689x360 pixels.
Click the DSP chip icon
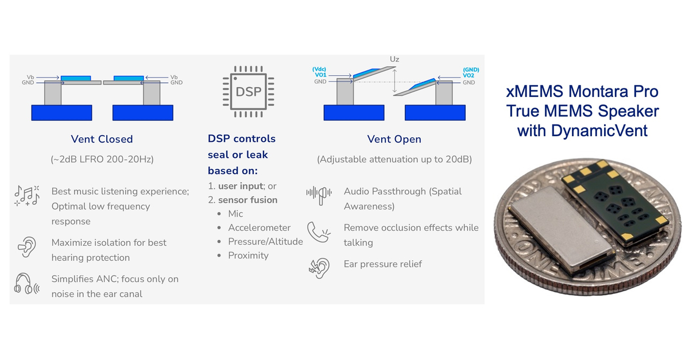[248, 91]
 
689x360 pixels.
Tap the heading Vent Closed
[102, 139]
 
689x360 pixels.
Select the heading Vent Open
[394, 139]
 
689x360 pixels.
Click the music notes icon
[26, 195]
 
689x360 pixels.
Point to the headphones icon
[26, 285]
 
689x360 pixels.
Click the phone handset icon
[317, 231]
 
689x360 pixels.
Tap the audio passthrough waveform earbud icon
[316, 193]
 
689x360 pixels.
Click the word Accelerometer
[259, 227]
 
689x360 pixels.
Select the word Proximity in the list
[248, 255]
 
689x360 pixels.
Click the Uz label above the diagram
[394, 59]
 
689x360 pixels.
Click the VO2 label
[469, 75]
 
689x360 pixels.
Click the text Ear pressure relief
[382, 264]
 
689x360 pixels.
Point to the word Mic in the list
[235, 214]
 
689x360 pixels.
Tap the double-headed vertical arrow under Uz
[394, 80]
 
